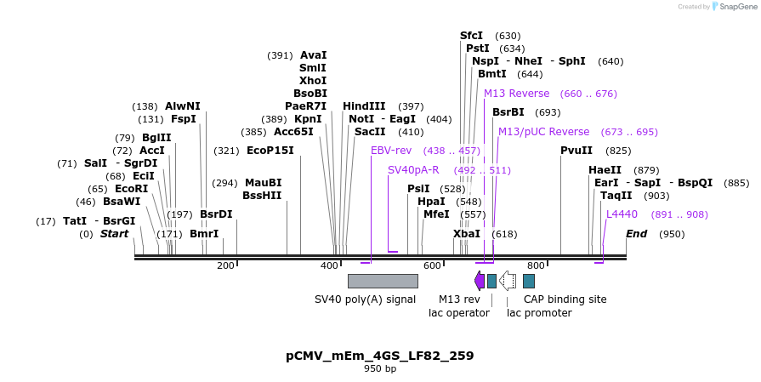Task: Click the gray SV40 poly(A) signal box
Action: pyautogui.click(x=383, y=281)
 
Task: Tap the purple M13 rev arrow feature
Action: pyautogui.click(x=480, y=281)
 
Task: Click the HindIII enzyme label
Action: pyautogui.click(x=364, y=106)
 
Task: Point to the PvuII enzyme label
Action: pyautogui.click(x=576, y=151)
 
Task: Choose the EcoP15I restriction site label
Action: pyautogui.click(x=270, y=151)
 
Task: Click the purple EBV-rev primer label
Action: pyautogui.click(x=391, y=151)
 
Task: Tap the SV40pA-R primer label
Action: pyautogui.click(x=413, y=170)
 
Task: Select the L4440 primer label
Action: pyautogui.click(x=622, y=214)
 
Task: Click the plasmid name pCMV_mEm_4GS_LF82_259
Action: pyautogui.click(x=380, y=356)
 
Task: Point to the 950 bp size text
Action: pyautogui.click(x=380, y=369)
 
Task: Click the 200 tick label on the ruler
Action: pyautogui.click(x=225, y=266)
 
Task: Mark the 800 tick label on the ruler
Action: pyautogui.click(x=536, y=266)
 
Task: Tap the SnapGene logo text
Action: pyautogui.click(x=736, y=7)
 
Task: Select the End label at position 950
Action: pyautogui.click(x=637, y=234)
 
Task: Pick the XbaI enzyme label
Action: pyautogui.click(x=467, y=234)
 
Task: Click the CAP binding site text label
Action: pyautogui.click(x=565, y=299)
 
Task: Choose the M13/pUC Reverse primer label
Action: pyautogui.click(x=543, y=132)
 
